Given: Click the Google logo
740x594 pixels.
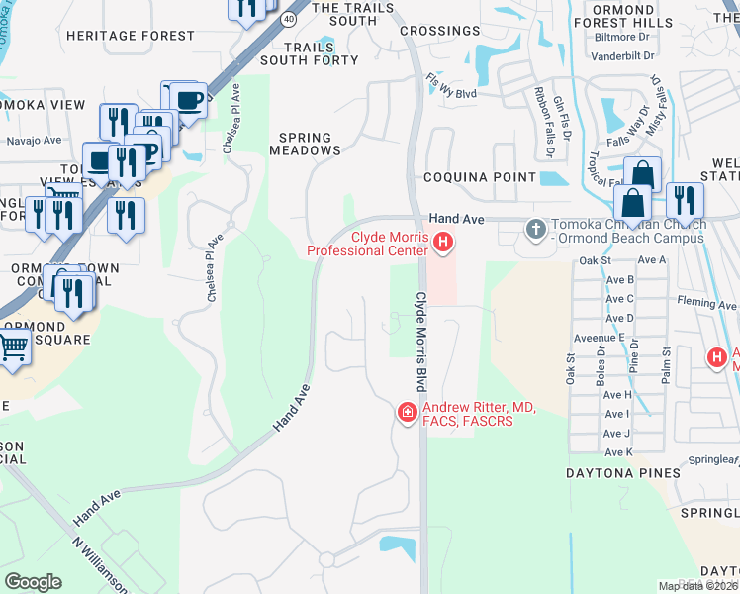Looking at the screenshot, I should pos(33,582).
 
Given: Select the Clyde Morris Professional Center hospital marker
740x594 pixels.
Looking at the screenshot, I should pos(443,241).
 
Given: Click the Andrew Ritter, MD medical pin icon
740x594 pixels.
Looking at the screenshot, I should pos(406,412).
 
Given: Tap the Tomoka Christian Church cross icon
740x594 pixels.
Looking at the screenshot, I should pos(535,230).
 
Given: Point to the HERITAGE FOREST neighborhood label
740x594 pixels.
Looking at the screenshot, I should pos(131,36).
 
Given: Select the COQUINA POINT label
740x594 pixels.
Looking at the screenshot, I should pos(480,177).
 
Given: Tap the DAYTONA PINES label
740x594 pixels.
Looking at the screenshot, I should pos(622,473).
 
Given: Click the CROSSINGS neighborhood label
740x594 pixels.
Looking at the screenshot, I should pos(440,31).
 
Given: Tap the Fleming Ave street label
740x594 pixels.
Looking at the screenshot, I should pos(707,304).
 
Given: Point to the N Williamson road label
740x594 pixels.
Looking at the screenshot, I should pos(100,566).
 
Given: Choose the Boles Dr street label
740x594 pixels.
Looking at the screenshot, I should pos(601,371).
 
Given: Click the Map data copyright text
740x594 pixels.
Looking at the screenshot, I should pos(698,586).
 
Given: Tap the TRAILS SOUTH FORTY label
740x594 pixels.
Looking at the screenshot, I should pos(322,53).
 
